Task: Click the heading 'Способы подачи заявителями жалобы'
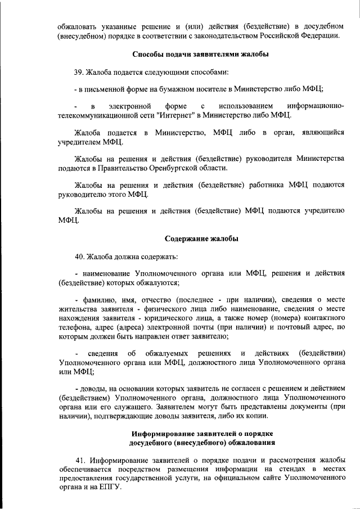[x=200, y=55]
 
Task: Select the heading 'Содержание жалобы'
[x=201, y=238]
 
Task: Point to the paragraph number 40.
[x=79, y=257]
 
